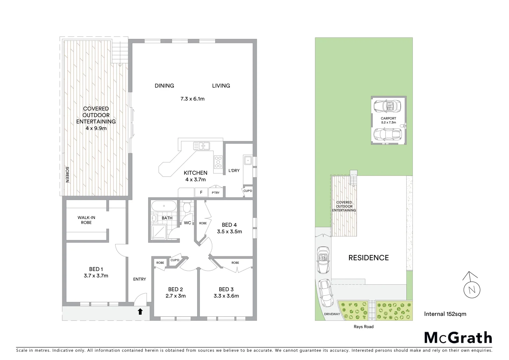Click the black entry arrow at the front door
pos(140,312)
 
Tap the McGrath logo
pos(458,338)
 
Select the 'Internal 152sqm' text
pos(445,314)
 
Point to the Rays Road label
pos(363,327)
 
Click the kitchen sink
pos(201,146)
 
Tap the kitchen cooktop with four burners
pos(218,162)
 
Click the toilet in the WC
pos(187,207)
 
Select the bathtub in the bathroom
pos(164,206)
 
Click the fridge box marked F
pos(201,192)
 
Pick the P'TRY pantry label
pos(216,193)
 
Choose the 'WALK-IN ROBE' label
pos(86,220)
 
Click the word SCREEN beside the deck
pos(67,175)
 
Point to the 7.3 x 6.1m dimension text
pos(192,99)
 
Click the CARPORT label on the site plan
pos(388,118)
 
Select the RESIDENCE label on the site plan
pos(368,258)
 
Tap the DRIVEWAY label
pos(332,314)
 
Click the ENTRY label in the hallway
pos(139,279)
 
